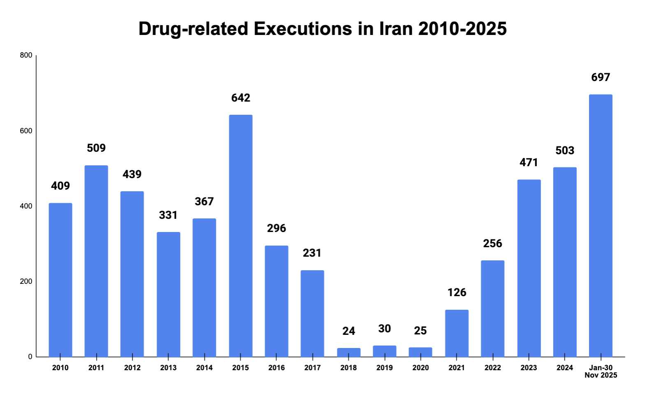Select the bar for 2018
coord(349,353)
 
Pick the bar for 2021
coord(457,333)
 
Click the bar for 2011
coord(96,261)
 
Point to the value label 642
coord(241,98)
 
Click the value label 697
coord(601,77)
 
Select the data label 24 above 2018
coord(349,331)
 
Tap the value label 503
coord(565,151)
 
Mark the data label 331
coord(168,215)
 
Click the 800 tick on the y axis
coord(26,56)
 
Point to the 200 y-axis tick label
coord(26,282)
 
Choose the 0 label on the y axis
coord(30,357)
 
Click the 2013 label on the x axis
coord(168,368)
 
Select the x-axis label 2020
coord(420,368)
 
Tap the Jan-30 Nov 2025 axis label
coord(601,371)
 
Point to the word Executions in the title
coord(303,29)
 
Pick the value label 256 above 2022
coord(492,244)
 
